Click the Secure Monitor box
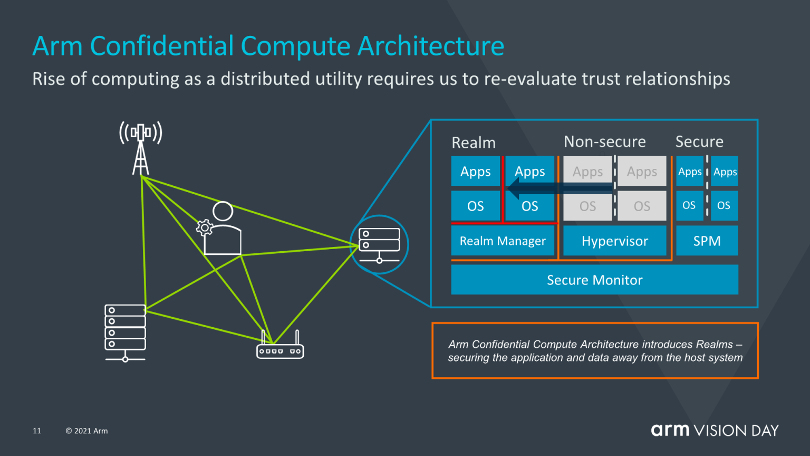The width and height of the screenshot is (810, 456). (x=594, y=280)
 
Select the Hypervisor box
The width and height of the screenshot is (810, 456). (x=614, y=241)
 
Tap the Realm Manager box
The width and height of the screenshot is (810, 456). (x=503, y=241)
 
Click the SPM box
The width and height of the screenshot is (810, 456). (x=707, y=241)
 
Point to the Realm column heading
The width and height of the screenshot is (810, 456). (x=474, y=142)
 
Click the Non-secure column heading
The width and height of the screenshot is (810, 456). (x=604, y=141)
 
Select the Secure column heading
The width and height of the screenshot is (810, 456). (x=699, y=141)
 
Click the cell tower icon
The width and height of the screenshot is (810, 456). (x=140, y=148)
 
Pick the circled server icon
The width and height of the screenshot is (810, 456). (x=379, y=244)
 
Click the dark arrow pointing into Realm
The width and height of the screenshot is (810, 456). (x=559, y=188)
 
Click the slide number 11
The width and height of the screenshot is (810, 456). (x=37, y=431)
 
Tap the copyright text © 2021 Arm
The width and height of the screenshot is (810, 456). (x=86, y=431)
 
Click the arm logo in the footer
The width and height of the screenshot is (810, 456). (x=670, y=430)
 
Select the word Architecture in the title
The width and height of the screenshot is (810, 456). (x=431, y=46)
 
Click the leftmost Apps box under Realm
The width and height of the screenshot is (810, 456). (x=475, y=172)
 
